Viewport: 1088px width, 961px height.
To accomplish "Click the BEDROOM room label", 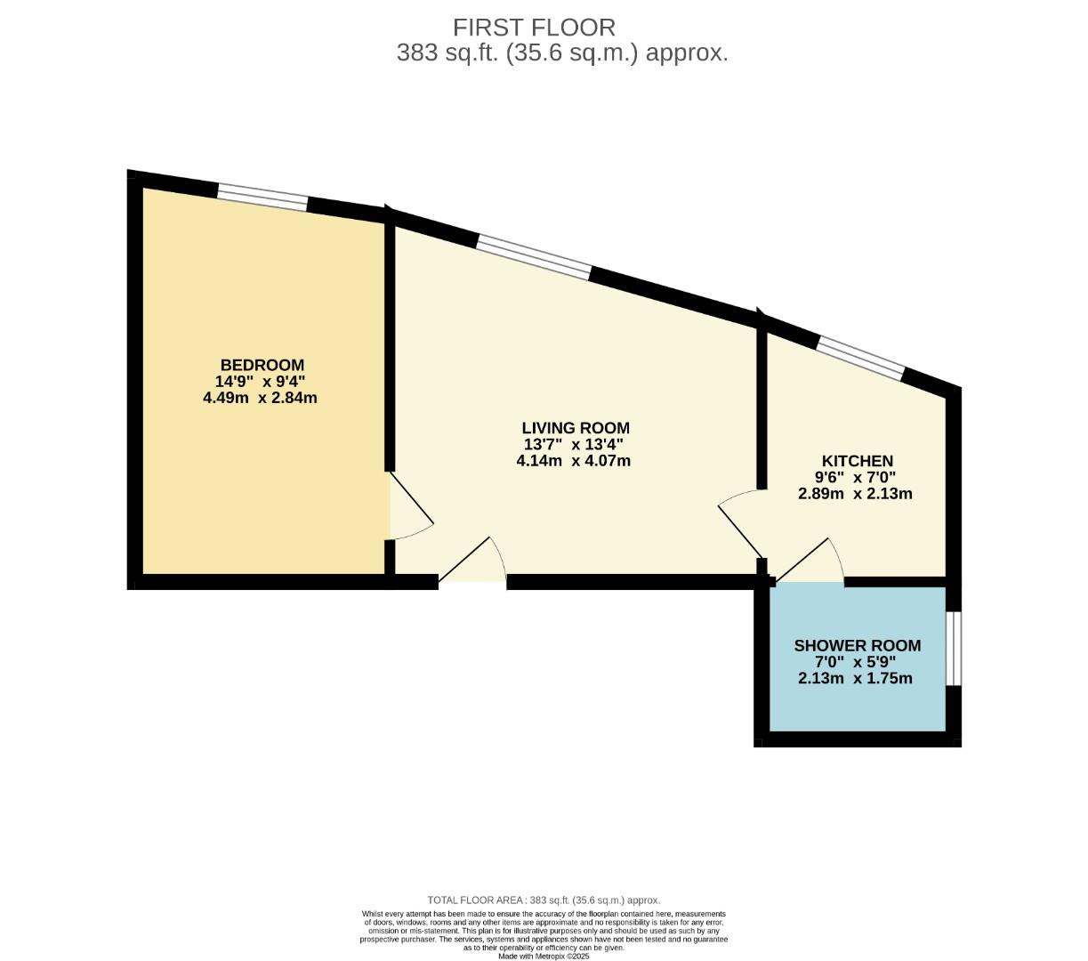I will click(x=262, y=365).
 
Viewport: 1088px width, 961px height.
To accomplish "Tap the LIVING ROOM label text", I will click(x=575, y=428).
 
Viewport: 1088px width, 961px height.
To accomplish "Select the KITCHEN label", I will click(x=856, y=461).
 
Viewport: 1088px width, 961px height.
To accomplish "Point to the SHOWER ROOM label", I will click(x=857, y=645).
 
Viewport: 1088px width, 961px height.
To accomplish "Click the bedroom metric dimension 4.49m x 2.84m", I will click(x=260, y=398).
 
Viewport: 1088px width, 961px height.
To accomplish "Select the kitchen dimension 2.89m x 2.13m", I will click(x=855, y=494).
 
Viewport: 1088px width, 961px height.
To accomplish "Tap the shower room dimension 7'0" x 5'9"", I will click(x=856, y=662).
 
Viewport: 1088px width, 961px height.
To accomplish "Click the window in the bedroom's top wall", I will click(x=262, y=198).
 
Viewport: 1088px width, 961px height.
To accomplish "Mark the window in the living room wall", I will click(x=534, y=257).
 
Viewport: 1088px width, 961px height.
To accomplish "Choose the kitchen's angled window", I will click(x=860, y=358).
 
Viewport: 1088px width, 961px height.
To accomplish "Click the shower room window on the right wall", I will click(x=953, y=648).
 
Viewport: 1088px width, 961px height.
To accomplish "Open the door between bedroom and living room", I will click(x=409, y=509).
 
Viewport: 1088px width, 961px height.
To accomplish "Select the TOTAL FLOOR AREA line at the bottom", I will click(x=544, y=900).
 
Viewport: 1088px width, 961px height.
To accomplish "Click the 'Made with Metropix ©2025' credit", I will click(x=544, y=956).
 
